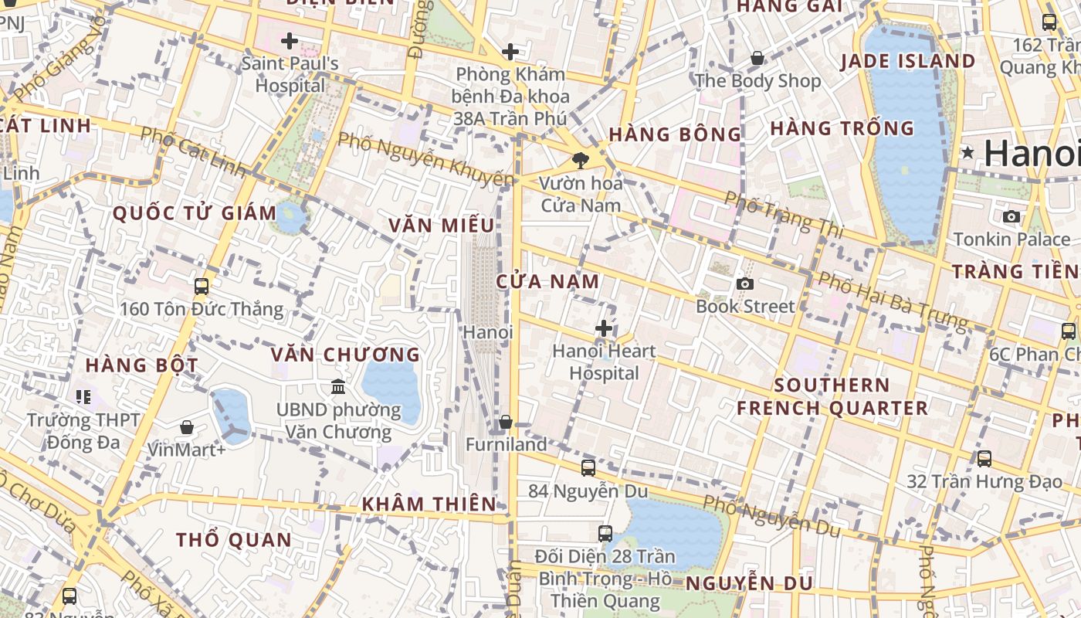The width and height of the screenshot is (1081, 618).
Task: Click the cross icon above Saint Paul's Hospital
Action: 290,41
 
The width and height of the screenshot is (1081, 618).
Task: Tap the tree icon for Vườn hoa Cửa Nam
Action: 580,161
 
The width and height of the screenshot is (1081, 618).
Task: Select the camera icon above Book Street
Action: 744,284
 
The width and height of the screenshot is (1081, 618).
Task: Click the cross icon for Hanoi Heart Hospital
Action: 604,329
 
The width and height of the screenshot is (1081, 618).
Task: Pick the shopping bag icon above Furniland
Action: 506,422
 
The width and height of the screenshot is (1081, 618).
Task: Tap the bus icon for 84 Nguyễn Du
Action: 588,467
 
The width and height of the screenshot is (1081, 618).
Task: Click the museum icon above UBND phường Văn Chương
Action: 337,385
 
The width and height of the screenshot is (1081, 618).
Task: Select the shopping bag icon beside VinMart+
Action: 187,426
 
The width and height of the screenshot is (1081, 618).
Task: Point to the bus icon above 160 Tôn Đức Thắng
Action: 202,287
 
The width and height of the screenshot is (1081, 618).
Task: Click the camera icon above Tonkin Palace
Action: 1012,216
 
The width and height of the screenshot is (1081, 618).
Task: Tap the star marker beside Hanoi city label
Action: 967,153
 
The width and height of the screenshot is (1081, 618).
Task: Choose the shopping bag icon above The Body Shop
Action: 757,58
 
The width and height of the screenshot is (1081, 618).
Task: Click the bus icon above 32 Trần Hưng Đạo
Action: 984,458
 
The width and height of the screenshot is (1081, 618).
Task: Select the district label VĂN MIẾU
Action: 442,226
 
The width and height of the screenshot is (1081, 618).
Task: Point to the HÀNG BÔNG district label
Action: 675,134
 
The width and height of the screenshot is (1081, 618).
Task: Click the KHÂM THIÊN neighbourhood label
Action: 430,504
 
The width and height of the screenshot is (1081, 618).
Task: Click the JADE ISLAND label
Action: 907,61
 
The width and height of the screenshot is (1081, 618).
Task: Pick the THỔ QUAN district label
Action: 234,539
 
